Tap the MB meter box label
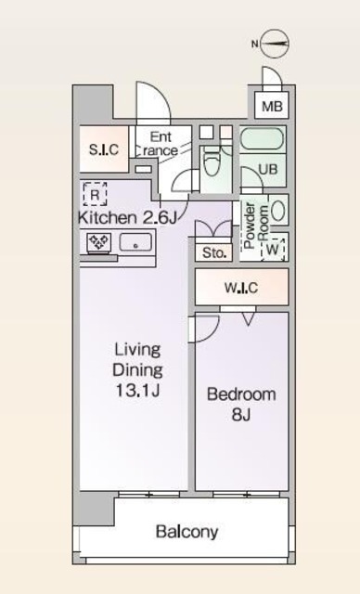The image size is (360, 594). (272, 107)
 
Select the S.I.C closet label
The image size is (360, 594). (104, 150)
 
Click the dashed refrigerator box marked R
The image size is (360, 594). (95, 194)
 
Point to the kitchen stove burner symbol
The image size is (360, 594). (99, 241)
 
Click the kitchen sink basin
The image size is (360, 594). (135, 242)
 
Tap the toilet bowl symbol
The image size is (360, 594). (212, 163)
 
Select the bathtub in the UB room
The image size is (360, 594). (262, 140)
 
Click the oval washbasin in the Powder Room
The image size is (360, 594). (278, 210)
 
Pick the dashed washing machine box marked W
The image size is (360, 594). (273, 249)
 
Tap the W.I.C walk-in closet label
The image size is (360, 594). (241, 289)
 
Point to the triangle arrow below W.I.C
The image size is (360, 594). (248, 319)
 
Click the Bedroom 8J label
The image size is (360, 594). (241, 405)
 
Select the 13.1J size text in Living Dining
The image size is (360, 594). (138, 391)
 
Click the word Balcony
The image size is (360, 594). (187, 532)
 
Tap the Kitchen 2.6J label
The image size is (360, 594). (127, 218)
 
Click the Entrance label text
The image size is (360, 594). (161, 144)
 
